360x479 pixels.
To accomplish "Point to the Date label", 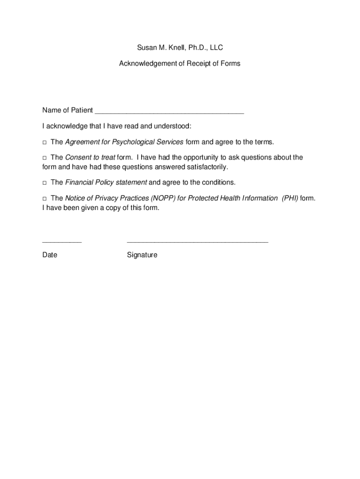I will coord(50,255).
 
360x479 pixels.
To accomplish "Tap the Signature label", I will coord(142,255).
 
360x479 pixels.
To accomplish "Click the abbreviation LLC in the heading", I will coord(216,48).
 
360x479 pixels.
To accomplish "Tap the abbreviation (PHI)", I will coord(290,198).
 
